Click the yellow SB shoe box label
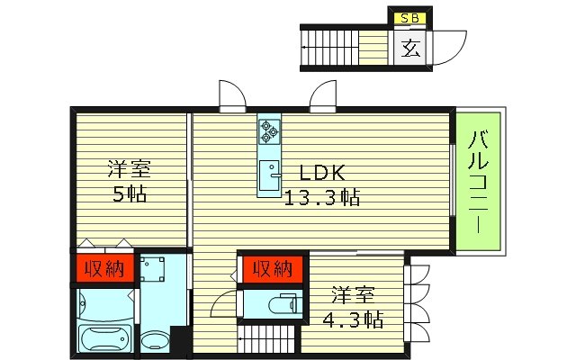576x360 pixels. click(408, 16)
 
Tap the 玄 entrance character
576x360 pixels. click(409, 48)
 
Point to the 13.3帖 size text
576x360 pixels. click(322, 197)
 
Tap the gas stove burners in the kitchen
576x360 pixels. click(269, 133)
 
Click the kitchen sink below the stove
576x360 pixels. click(269, 175)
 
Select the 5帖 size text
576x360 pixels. click(130, 193)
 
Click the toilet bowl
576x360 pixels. click(286, 304)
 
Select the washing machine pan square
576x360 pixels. click(154, 269)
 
